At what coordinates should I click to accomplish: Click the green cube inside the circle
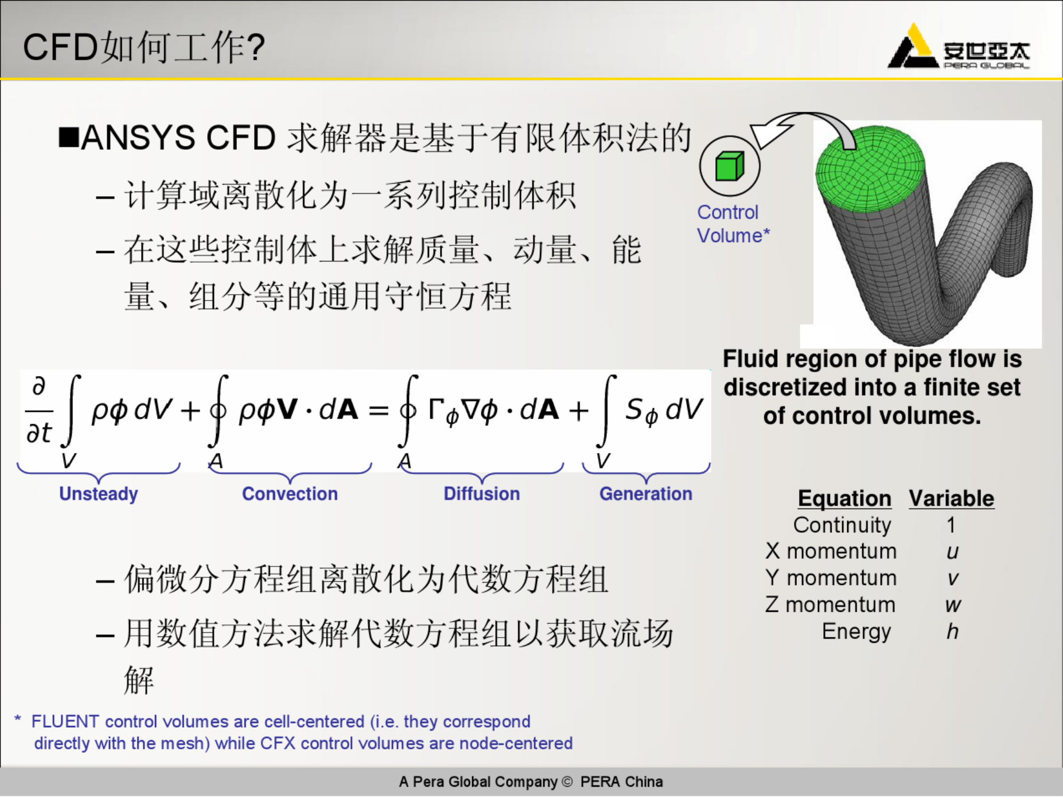point(729,166)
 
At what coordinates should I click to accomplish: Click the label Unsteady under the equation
point(99,494)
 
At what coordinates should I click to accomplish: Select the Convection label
point(290,494)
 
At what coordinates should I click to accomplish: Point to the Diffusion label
point(482,494)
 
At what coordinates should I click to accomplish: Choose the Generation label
point(646,494)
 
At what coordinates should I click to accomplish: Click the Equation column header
point(844,499)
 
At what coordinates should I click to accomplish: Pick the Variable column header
point(952,499)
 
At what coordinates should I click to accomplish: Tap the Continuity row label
point(842,525)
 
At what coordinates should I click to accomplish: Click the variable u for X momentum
point(952,552)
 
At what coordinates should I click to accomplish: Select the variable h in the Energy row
point(952,631)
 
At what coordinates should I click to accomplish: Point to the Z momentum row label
point(830,605)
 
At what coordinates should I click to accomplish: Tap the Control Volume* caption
point(733,224)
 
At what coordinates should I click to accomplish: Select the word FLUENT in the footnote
point(65,721)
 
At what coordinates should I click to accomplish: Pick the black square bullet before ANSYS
point(69,138)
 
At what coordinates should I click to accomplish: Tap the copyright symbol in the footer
point(567,782)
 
